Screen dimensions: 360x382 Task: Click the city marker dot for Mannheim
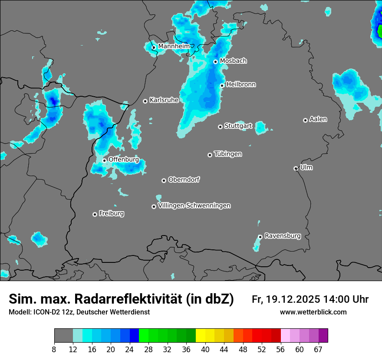pyautogui.click(x=154, y=48)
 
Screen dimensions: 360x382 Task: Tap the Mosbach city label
pyautogui.click(x=233, y=61)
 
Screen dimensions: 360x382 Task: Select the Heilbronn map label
pyautogui.click(x=241, y=85)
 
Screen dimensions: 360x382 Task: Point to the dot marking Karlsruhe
pyautogui.click(x=145, y=101)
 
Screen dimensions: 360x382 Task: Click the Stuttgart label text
pyautogui.click(x=238, y=126)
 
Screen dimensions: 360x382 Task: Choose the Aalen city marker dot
pyautogui.click(x=305, y=120)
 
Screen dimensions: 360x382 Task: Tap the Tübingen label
pyautogui.click(x=228, y=154)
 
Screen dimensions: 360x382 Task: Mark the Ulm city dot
pyautogui.click(x=296, y=168)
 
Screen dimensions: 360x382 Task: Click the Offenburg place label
pyautogui.click(x=124, y=160)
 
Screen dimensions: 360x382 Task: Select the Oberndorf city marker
pyautogui.click(x=164, y=180)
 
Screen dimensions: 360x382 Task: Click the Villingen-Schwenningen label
pyautogui.click(x=194, y=206)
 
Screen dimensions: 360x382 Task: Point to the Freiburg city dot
pyautogui.click(x=95, y=214)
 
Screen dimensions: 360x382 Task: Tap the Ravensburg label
pyautogui.click(x=283, y=236)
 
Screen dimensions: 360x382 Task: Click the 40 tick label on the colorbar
pyautogui.click(x=205, y=349)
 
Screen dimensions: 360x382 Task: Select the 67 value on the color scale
pyautogui.click(x=318, y=349)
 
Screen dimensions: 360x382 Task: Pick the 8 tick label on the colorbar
pyautogui.click(x=54, y=349)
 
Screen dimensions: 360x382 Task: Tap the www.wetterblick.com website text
pyautogui.click(x=313, y=312)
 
